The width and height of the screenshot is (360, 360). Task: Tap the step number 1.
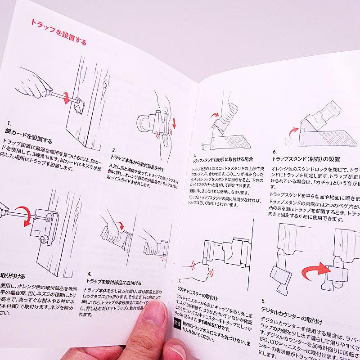point(10,123)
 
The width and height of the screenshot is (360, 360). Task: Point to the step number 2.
point(114,149)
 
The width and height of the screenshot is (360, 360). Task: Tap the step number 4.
point(90,274)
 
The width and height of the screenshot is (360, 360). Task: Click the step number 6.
point(275,152)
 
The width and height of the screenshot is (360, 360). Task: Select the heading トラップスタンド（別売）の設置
point(306,159)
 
